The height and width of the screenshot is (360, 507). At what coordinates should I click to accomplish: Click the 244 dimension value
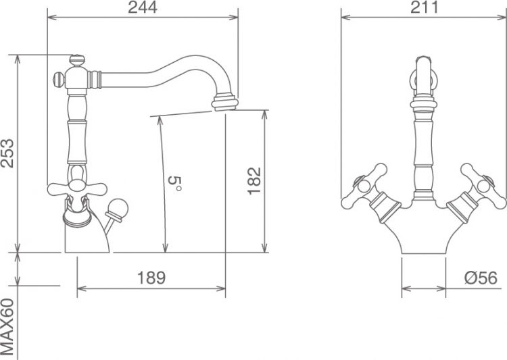pos(143,7)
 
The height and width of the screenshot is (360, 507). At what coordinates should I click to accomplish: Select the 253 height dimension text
pos(7,153)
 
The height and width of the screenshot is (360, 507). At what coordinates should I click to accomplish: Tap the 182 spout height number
pos(254,181)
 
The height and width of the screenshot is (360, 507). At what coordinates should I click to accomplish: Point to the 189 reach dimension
pos(151,278)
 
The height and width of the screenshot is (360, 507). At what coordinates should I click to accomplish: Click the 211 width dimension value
pos(425,7)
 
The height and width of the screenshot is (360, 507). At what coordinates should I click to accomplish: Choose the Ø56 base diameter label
pos(481,278)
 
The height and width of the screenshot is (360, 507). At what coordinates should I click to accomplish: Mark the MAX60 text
pos(7,327)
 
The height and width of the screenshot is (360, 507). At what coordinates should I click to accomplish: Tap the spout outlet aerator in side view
pos(224,103)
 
